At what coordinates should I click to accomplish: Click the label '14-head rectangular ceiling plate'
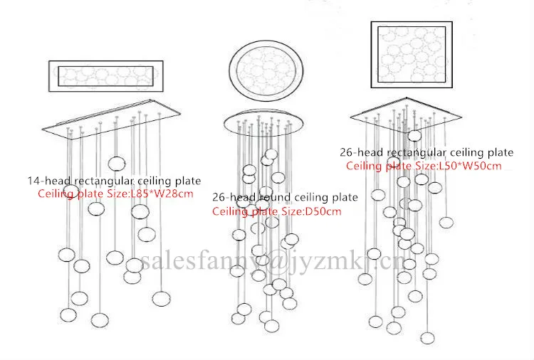pyautogui.click(x=114, y=181)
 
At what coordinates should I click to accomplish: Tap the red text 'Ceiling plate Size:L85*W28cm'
pyautogui.click(x=115, y=194)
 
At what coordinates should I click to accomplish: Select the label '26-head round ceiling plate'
pyautogui.click(x=285, y=197)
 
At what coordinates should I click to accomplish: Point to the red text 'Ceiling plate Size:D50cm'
pyautogui.click(x=277, y=211)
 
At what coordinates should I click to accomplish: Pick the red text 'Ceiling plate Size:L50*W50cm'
pyautogui.click(x=424, y=166)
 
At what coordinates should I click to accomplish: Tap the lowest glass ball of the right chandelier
pyautogui.click(x=426, y=337)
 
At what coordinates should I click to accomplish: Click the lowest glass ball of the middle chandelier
pyautogui.click(x=271, y=327)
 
